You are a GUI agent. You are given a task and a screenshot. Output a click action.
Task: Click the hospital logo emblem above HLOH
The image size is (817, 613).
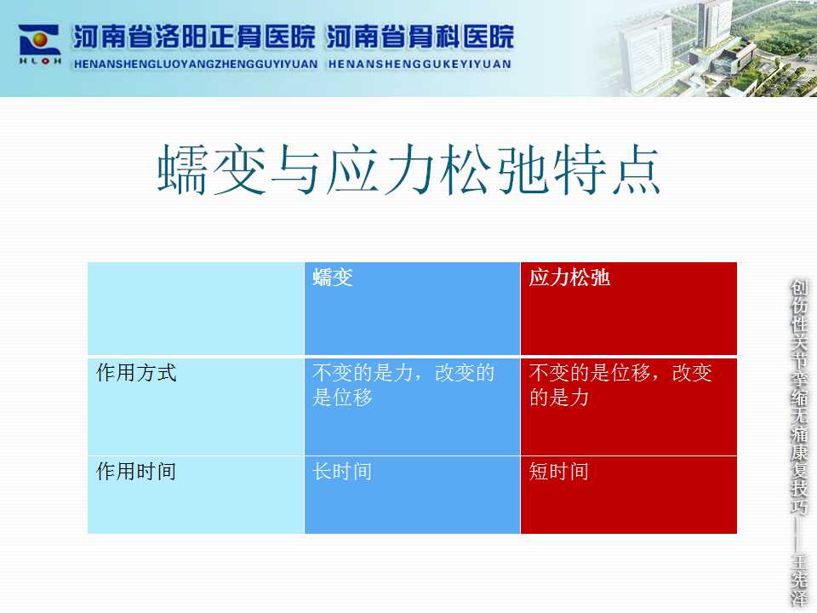pyautogui.click(x=40, y=40)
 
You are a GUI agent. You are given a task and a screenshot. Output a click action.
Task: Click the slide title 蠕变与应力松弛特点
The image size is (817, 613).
pyautogui.click(x=409, y=170)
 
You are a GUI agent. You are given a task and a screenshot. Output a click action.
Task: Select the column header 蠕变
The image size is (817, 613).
pyautogui.click(x=333, y=278)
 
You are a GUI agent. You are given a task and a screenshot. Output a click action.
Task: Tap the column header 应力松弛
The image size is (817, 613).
pyautogui.click(x=569, y=278)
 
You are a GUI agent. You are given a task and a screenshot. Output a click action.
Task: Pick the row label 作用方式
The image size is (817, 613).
pyautogui.click(x=136, y=373)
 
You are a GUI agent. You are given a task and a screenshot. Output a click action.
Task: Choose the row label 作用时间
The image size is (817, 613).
pyautogui.click(x=136, y=471)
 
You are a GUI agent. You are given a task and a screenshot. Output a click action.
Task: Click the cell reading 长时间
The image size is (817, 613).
pyautogui.click(x=342, y=472)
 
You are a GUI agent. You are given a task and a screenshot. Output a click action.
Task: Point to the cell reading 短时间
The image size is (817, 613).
pyautogui.click(x=558, y=472)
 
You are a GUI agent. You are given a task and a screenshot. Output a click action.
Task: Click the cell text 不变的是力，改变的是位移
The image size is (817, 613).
pyautogui.click(x=403, y=385)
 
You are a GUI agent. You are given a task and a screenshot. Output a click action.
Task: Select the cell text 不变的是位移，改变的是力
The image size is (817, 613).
pyautogui.click(x=620, y=385)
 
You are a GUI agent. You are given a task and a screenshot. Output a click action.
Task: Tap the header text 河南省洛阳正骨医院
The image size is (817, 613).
pyautogui.click(x=194, y=37)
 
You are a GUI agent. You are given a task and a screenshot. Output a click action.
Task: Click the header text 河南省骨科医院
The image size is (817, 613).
pyautogui.click(x=420, y=37)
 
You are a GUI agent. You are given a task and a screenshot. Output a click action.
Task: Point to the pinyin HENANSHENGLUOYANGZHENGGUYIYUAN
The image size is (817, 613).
pyautogui.click(x=196, y=64)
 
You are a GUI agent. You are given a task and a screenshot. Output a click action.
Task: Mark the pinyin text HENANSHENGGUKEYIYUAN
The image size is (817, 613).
pyautogui.click(x=420, y=64)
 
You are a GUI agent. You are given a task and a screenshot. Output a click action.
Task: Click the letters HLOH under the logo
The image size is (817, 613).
pyautogui.click(x=40, y=61)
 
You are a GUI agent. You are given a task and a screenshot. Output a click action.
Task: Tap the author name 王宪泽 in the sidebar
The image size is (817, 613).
pyautogui.click(x=799, y=580)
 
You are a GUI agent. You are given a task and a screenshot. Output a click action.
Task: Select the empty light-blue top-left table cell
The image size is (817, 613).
pyautogui.click(x=196, y=308)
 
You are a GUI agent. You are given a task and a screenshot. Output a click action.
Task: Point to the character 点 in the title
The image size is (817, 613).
pyautogui.click(x=635, y=170)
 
